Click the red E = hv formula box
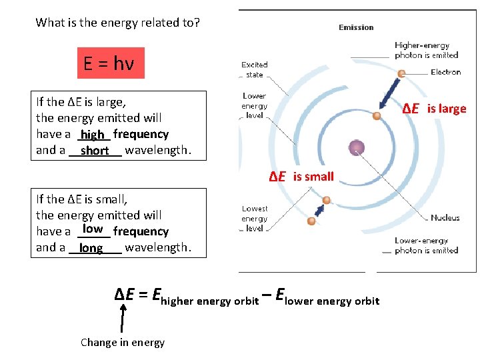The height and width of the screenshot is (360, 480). pos(110,63)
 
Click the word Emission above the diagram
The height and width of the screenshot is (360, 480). pos(356,27)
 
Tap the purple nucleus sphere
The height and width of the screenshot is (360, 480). pos(357,148)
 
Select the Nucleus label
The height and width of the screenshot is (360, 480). pos(445,218)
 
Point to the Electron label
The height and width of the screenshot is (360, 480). pos(445,72)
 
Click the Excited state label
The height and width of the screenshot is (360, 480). pos(254,69)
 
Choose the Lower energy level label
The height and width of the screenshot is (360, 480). pos(254,105)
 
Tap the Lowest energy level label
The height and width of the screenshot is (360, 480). pos(255,219)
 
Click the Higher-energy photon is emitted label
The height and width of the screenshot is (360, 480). pos(426,50)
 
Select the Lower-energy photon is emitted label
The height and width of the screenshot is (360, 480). pos(426,245)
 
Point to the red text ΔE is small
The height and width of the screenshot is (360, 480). pos(301,176)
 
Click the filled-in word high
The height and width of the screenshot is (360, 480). pos(93,135)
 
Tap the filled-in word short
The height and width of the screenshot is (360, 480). pos(95,151)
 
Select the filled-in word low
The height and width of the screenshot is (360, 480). pos(93,229)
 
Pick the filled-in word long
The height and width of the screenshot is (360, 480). pos(91,248)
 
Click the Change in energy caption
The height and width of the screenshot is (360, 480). pos(123,342)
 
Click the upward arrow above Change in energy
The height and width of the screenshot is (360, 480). pos(122,316)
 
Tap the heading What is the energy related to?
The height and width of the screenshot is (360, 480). pos(117,23)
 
